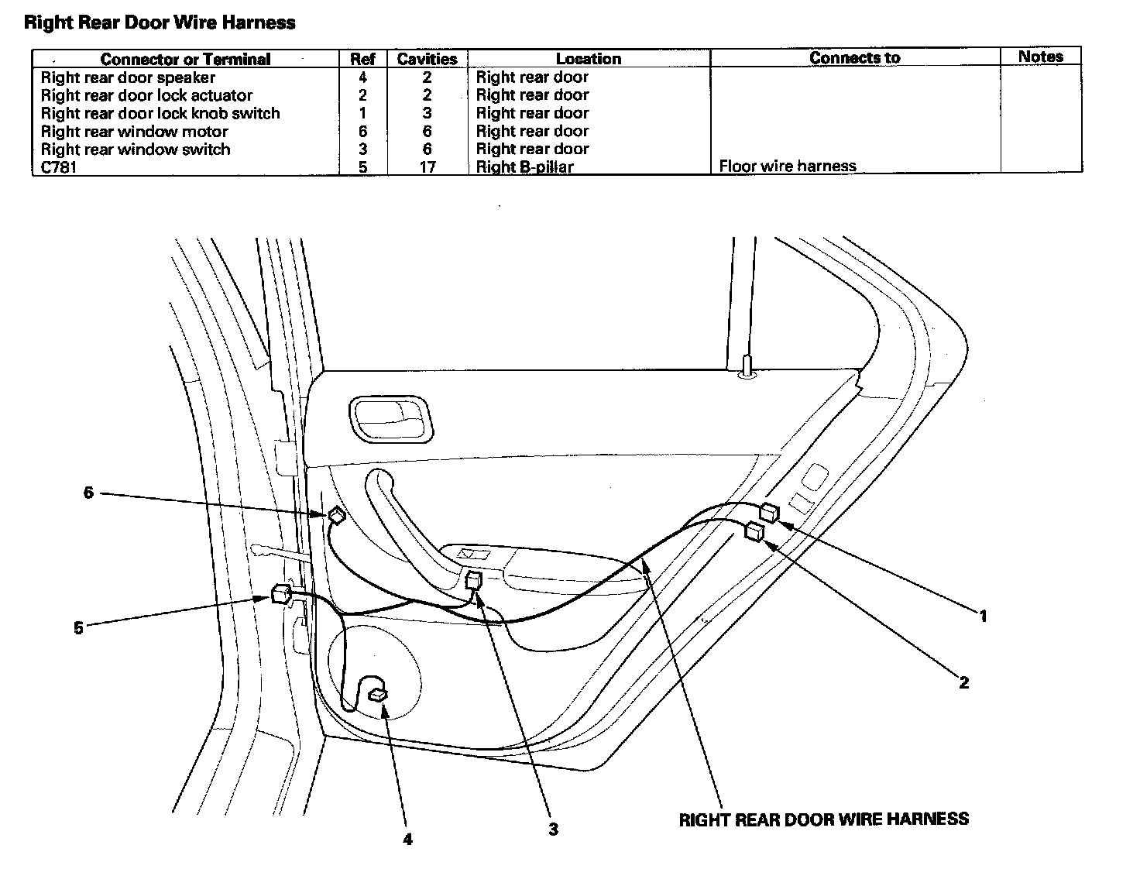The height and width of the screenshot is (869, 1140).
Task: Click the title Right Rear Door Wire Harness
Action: point(160,22)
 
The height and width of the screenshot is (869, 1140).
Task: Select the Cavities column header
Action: point(427,59)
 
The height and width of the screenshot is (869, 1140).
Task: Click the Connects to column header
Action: point(854,58)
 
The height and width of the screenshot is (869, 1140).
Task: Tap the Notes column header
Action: point(1040,57)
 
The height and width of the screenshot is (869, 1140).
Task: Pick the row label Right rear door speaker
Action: point(128,77)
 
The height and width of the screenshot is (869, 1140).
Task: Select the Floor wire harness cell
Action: point(787,166)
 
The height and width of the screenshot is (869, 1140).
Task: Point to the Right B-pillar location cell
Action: point(524,167)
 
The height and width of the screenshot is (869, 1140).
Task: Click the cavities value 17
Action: point(427,167)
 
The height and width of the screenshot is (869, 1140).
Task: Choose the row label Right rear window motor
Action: point(134,132)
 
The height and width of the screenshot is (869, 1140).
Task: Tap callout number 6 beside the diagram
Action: point(88,493)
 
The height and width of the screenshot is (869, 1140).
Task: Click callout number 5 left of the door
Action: point(78,628)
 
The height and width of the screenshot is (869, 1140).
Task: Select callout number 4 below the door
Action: point(407,839)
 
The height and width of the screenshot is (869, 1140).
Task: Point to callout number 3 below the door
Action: point(553,829)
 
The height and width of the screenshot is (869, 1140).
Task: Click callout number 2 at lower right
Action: point(963,683)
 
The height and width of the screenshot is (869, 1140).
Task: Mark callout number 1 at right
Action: point(983,617)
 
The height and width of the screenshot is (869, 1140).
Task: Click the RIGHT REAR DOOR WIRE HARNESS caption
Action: point(823,819)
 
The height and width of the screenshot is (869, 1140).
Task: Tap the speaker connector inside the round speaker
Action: point(378,694)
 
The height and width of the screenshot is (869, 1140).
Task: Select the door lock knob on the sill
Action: point(747,366)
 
